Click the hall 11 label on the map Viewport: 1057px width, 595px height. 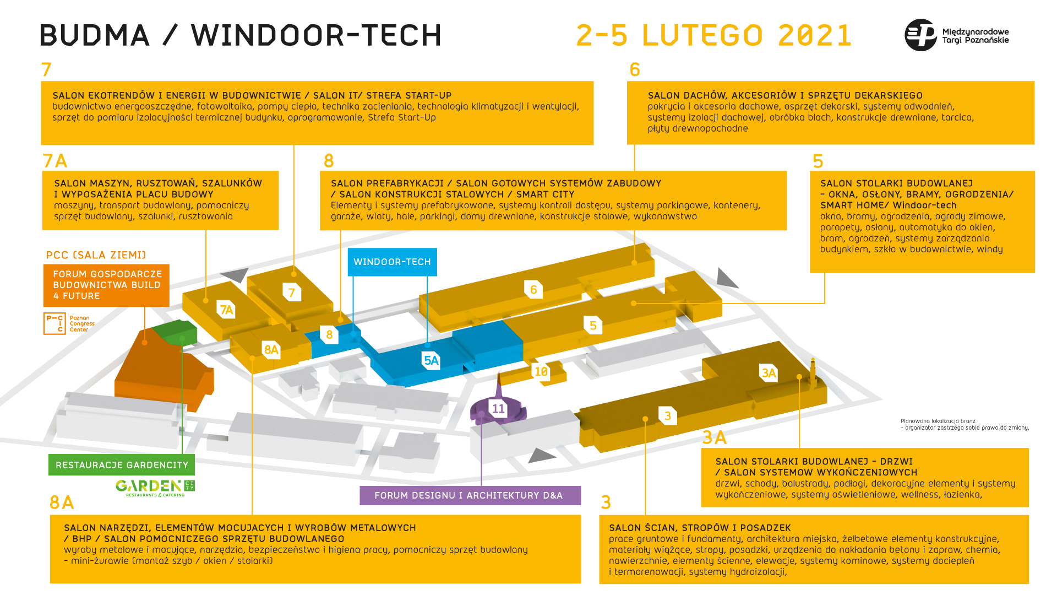tap(498, 409)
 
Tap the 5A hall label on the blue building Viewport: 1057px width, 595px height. tap(431, 361)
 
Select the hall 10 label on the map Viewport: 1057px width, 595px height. tap(541, 372)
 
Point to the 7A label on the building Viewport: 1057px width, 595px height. tap(226, 310)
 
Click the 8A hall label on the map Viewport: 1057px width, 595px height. tap(271, 350)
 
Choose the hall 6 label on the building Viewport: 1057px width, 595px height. tap(533, 290)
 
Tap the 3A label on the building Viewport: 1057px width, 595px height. tap(769, 374)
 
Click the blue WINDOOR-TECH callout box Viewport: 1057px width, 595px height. tap(392, 262)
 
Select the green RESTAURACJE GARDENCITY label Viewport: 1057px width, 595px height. tap(122, 465)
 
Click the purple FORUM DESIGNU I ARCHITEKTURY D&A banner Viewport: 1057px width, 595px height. tap(470, 495)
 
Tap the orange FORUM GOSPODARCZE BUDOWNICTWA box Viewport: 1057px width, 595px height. tap(106, 285)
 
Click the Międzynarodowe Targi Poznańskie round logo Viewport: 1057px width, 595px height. tap(920, 35)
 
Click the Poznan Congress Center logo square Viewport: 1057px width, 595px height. tap(55, 323)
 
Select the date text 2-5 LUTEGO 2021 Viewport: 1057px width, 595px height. tap(713, 35)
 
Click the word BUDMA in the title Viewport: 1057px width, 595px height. tap(95, 35)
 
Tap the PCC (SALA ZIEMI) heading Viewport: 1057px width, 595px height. tap(96, 255)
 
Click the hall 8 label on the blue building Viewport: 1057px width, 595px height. tap(329, 334)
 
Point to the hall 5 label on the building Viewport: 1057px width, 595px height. tap(593, 326)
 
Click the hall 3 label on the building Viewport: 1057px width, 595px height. tap(667, 416)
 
